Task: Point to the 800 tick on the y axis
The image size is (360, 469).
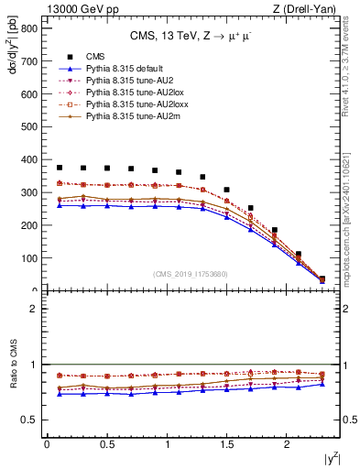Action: click(28, 28)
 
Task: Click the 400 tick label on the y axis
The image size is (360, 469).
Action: click(28, 159)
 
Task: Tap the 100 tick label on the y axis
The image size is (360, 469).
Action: click(28, 258)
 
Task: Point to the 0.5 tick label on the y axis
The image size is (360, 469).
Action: click(30, 420)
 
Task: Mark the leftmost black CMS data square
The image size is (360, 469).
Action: click(60, 168)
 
